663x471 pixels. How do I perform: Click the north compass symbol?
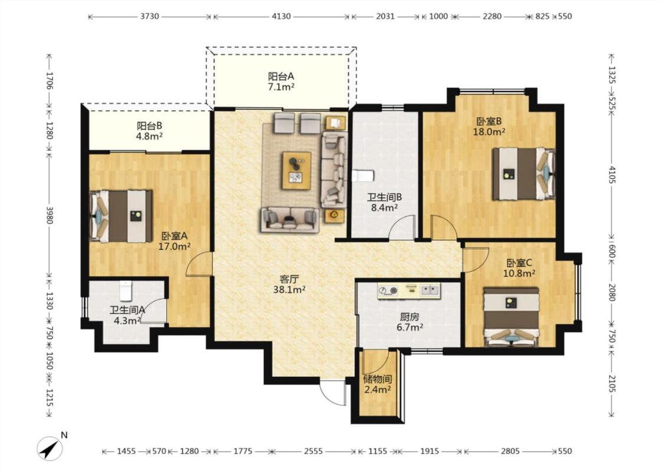pos(50,449)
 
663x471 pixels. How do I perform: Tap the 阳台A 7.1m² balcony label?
pos(281,81)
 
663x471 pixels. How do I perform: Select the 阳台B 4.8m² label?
pos(149,131)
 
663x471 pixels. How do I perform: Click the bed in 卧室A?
pos(121,216)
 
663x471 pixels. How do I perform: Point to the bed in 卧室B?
pos(524,174)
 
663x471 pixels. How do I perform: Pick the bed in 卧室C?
pos(512,317)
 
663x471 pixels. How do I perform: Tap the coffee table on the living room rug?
pos(297,171)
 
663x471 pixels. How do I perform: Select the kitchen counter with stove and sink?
pos(409,291)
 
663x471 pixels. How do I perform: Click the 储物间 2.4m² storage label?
pos(377,384)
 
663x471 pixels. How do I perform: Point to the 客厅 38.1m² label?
pos(289,284)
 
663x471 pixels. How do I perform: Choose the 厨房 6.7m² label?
pos(410,322)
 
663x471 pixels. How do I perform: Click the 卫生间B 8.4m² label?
pos(384,202)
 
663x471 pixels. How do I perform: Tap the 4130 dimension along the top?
pos(281,16)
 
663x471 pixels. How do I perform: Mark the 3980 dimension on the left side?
pos(50,215)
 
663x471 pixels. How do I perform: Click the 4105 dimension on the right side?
pos(612,174)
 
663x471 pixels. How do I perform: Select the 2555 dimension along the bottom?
pos(314,451)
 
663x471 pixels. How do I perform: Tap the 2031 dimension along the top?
pos(385,16)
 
